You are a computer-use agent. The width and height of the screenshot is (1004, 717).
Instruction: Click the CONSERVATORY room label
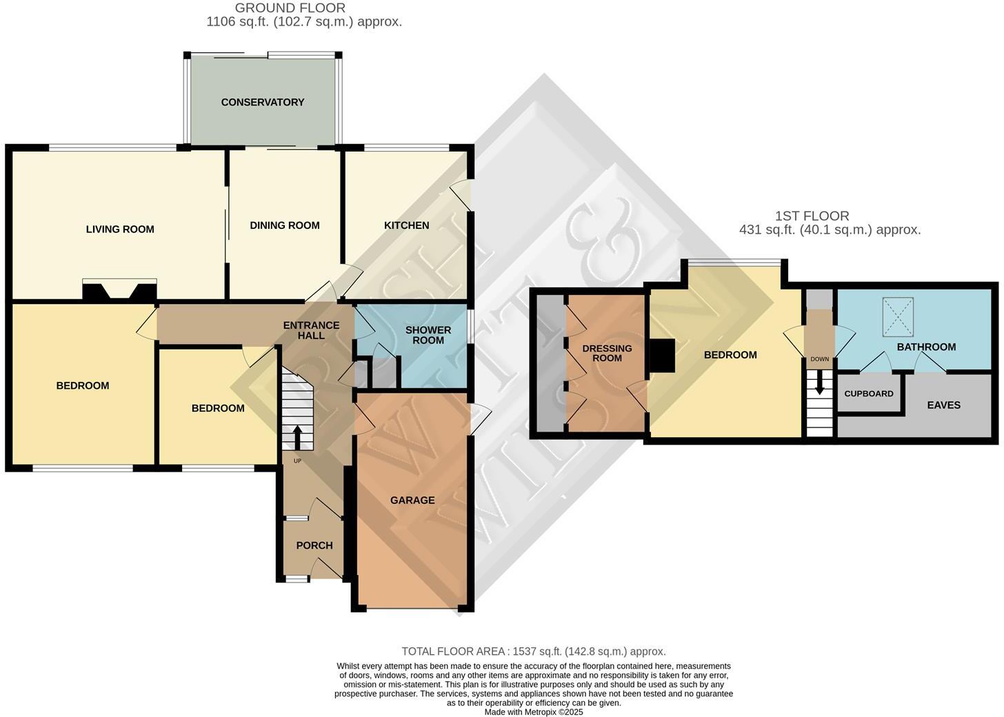263,102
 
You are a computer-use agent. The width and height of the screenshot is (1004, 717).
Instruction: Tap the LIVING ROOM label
120,229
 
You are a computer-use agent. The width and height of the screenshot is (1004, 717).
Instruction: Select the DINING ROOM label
285,225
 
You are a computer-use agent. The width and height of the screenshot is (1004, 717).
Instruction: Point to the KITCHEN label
406,225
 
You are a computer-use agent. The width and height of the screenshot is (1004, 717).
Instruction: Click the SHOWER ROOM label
428,335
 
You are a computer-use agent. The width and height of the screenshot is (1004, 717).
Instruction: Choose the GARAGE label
412,500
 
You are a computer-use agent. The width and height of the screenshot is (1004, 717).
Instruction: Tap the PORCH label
314,545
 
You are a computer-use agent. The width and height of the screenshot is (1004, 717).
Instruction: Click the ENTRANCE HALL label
312,330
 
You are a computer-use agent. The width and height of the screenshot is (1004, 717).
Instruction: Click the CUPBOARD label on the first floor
869,394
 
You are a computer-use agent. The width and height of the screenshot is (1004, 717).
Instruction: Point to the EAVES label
943,405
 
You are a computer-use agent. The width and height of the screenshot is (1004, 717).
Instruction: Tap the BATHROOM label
926,347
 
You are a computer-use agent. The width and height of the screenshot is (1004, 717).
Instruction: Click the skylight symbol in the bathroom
898,317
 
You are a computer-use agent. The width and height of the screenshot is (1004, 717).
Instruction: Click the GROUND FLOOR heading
290,8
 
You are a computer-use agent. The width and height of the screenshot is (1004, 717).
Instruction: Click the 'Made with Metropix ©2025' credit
534,711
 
